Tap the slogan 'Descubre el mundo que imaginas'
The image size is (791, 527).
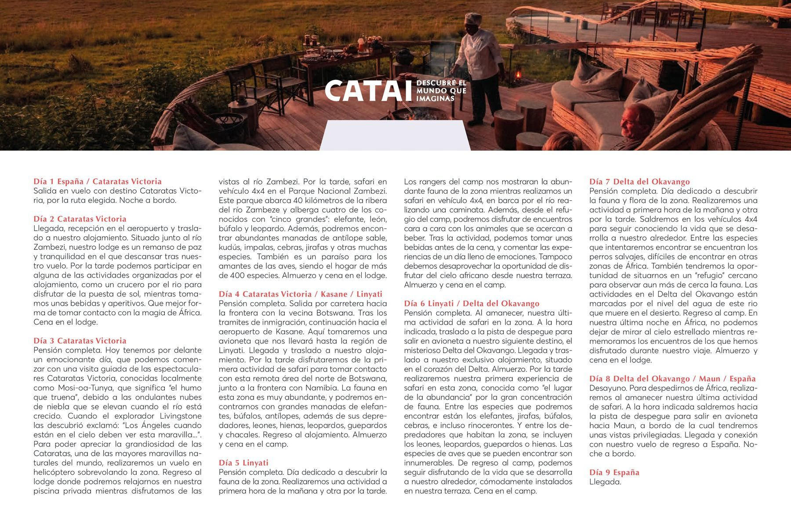pos(441,91)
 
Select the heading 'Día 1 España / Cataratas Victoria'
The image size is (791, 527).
pos(98,181)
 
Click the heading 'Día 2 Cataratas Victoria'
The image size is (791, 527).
pos(80,219)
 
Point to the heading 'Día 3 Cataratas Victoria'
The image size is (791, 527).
pos(80,340)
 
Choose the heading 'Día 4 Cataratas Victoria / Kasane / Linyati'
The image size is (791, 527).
pos(301,294)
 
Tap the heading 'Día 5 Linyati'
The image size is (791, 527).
pos(243,462)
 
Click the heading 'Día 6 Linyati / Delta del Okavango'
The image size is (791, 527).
pos(472,303)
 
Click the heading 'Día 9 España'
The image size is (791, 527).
pos(614,472)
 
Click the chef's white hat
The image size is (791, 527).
pos(474,19)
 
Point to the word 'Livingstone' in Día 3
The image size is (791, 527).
pos(180,416)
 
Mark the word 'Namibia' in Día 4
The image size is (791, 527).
pos(323,388)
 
